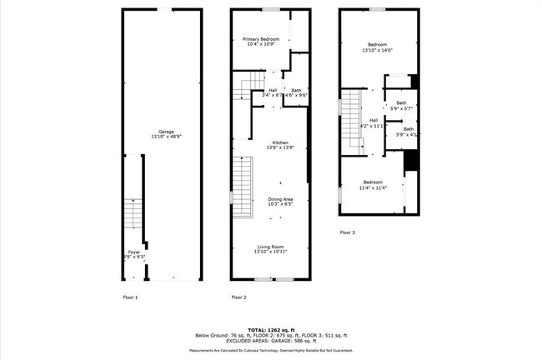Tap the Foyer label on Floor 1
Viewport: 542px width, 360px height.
click(x=134, y=251)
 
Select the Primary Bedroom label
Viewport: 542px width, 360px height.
click(x=261, y=39)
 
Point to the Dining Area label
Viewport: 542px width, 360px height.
click(x=280, y=199)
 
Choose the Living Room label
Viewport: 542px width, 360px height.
click(x=270, y=247)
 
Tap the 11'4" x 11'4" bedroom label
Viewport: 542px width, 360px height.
click(x=372, y=182)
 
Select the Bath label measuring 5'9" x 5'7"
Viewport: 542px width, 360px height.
click(x=401, y=103)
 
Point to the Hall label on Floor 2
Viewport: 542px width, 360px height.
click(x=273, y=90)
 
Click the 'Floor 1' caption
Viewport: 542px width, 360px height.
click(x=130, y=297)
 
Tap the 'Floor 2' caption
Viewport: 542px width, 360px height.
click(x=238, y=297)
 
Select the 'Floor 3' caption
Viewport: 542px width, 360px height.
click(x=347, y=232)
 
